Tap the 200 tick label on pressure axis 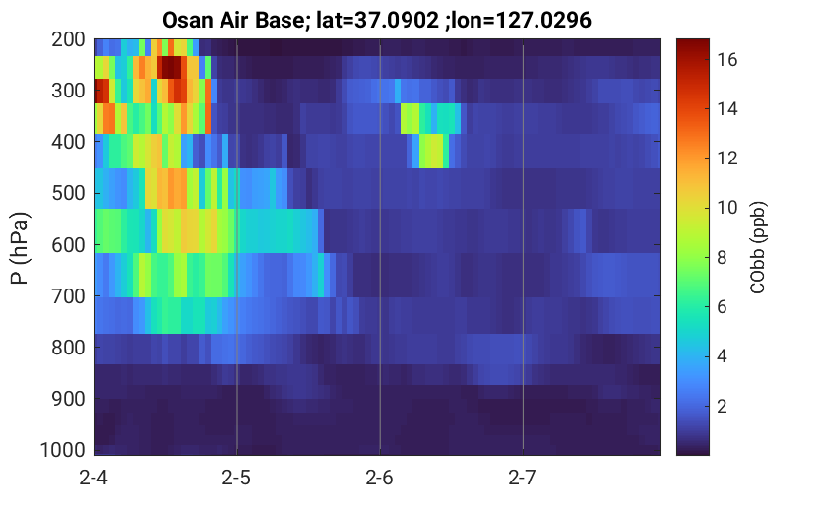coord(68,39)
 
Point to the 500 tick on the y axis coord(68,193)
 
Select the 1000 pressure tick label coord(63,450)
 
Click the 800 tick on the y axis coord(68,348)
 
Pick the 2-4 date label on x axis coord(94,478)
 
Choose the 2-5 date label coord(236,478)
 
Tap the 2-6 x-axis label coord(380,478)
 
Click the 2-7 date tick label coord(523,478)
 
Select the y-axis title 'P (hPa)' coord(20,248)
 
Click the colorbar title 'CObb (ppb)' coord(757,247)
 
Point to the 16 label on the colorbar coord(727,60)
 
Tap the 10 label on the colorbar coord(727,208)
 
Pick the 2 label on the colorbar coord(723,406)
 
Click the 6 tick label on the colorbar coord(723,307)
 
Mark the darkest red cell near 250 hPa coord(169,67)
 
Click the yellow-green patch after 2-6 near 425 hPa coord(431,151)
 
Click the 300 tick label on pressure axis coord(68,91)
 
